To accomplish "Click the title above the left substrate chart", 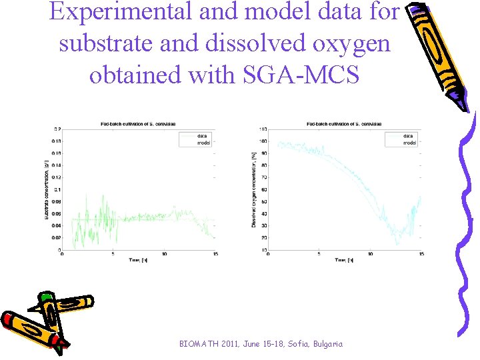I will (138, 124).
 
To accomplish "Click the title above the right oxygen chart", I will (338, 124).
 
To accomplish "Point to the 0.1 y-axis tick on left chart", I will (57, 189).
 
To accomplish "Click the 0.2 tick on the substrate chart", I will (57, 129).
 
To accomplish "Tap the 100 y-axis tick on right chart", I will (263, 141).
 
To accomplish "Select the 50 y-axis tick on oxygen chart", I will (264, 201).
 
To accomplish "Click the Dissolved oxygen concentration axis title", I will (254, 189).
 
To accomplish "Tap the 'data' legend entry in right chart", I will (407, 136).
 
